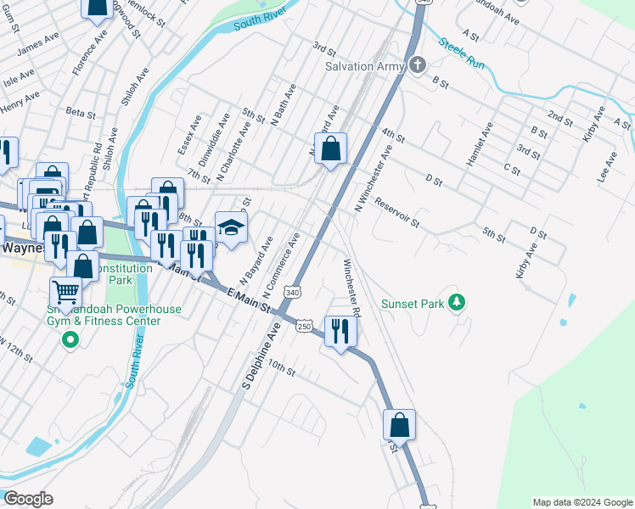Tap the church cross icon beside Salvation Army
pos(417,65)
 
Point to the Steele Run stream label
pos(462,50)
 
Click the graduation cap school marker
pos(231,227)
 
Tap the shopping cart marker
pos(65,293)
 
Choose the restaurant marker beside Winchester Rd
pos(340,331)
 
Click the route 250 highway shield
pos(303,326)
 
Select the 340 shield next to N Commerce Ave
pos(293,292)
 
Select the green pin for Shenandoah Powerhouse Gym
pos(70,341)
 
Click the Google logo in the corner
pos(28,498)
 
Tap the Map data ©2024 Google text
pos(582,502)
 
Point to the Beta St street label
pos(81,112)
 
